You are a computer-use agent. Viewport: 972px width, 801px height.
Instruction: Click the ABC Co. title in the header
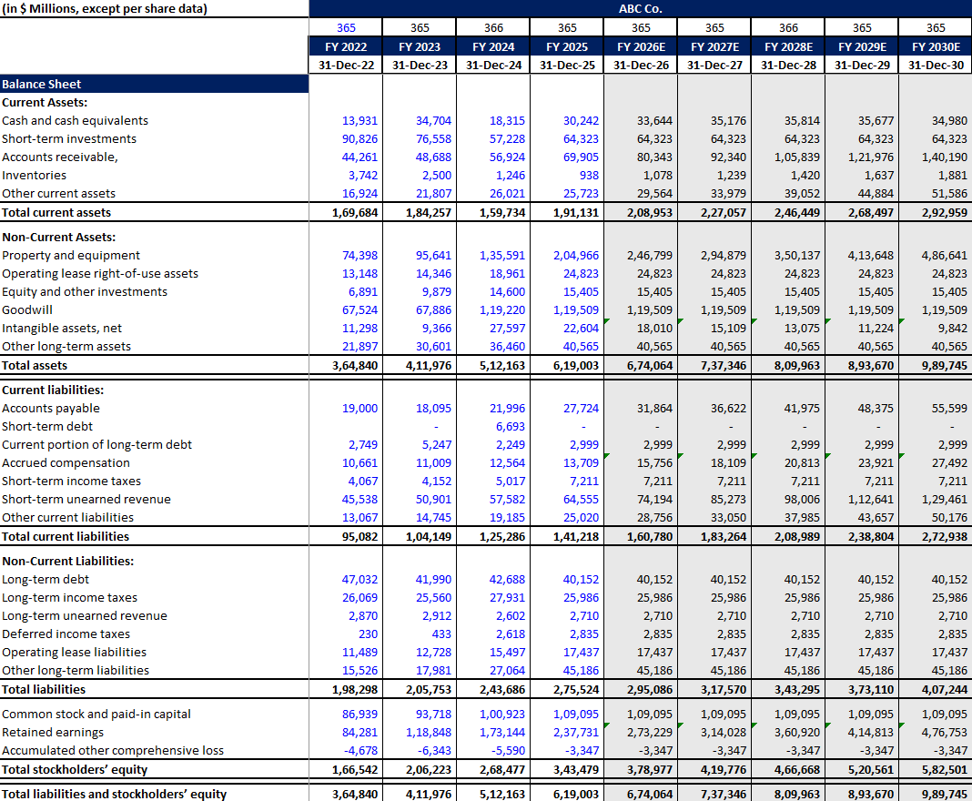point(640,9)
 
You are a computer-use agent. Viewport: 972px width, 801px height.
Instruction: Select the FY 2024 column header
point(493,46)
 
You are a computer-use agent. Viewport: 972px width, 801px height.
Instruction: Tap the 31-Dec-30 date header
point(936,65)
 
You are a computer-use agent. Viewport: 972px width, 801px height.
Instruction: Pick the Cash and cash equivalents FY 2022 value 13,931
point(359,120)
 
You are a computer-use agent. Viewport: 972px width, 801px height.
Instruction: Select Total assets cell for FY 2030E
point(944,365)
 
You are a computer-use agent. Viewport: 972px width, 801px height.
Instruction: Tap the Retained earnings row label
point(53,732)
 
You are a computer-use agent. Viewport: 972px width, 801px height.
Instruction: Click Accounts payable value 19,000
point(359,408)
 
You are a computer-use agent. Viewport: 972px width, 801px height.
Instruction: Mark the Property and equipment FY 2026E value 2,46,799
point(649,255)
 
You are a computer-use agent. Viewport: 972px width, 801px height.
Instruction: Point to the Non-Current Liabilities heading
point(67,561)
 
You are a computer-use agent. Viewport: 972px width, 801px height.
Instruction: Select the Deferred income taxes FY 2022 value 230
point(368,634)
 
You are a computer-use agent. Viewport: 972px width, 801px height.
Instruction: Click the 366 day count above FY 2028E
point(788,28)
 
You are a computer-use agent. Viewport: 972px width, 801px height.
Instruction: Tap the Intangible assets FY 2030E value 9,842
point(950,328)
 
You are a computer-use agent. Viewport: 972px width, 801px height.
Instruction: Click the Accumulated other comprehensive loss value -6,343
point(434,750)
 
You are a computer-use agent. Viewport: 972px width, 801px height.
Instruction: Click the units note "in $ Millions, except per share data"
point(104,9)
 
